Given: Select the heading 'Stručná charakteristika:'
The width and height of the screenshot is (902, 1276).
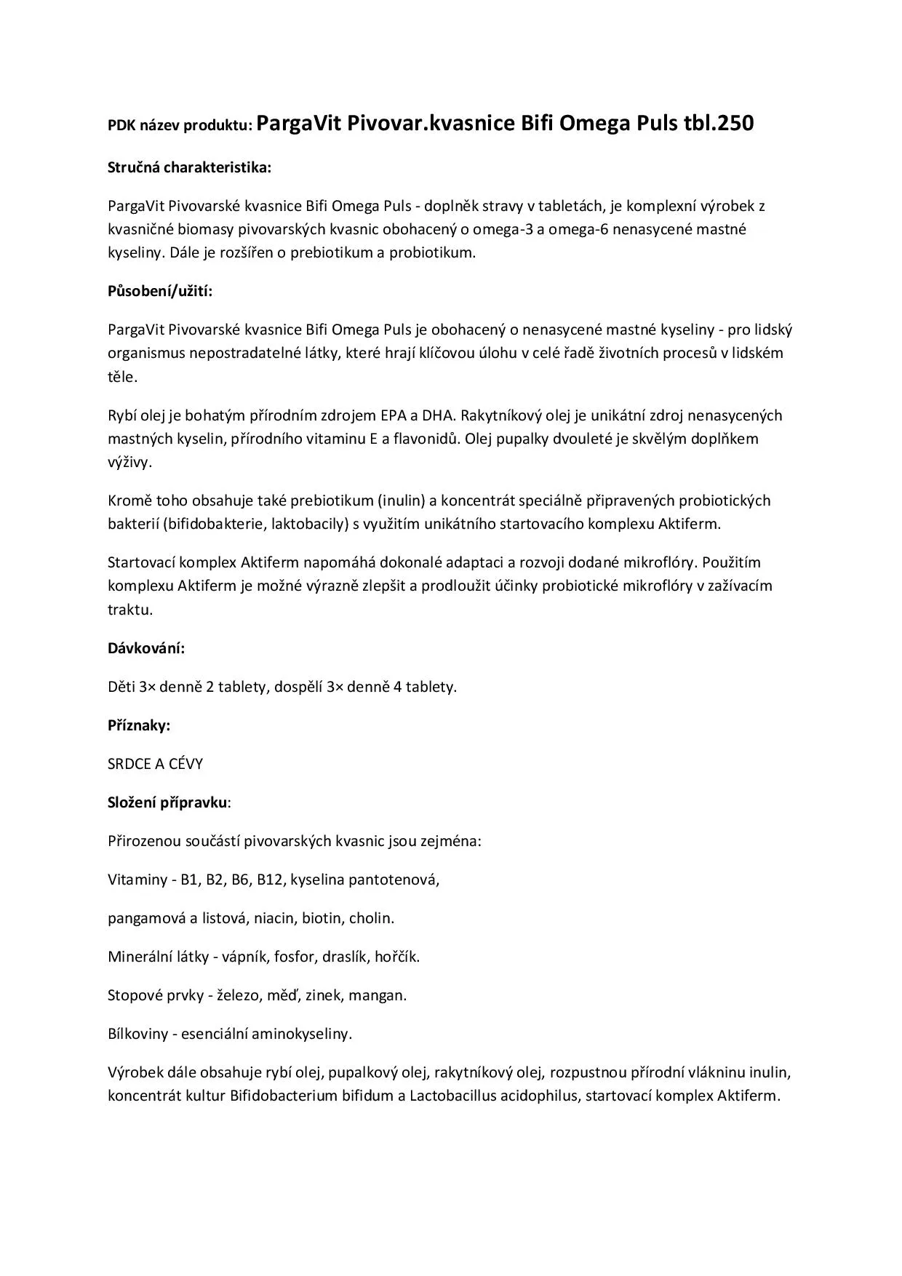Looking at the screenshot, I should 189,167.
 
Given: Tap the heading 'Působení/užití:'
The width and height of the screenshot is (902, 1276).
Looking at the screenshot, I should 160,292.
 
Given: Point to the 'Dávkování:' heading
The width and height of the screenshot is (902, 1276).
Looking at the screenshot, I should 146,648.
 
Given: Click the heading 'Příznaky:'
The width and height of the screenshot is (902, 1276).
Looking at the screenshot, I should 139,725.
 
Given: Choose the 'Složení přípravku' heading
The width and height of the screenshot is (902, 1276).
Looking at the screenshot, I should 167,802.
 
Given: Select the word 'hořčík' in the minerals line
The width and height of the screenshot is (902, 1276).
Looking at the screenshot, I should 397,957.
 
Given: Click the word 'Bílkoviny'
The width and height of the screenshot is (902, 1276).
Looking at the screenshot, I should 137,1034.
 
